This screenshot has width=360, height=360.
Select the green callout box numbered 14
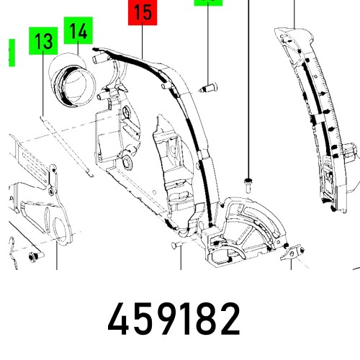(78, 32)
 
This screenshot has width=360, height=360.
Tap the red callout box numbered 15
(143, 13)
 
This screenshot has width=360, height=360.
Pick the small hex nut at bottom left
(32, 256)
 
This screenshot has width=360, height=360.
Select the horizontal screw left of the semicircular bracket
(176, 246)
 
